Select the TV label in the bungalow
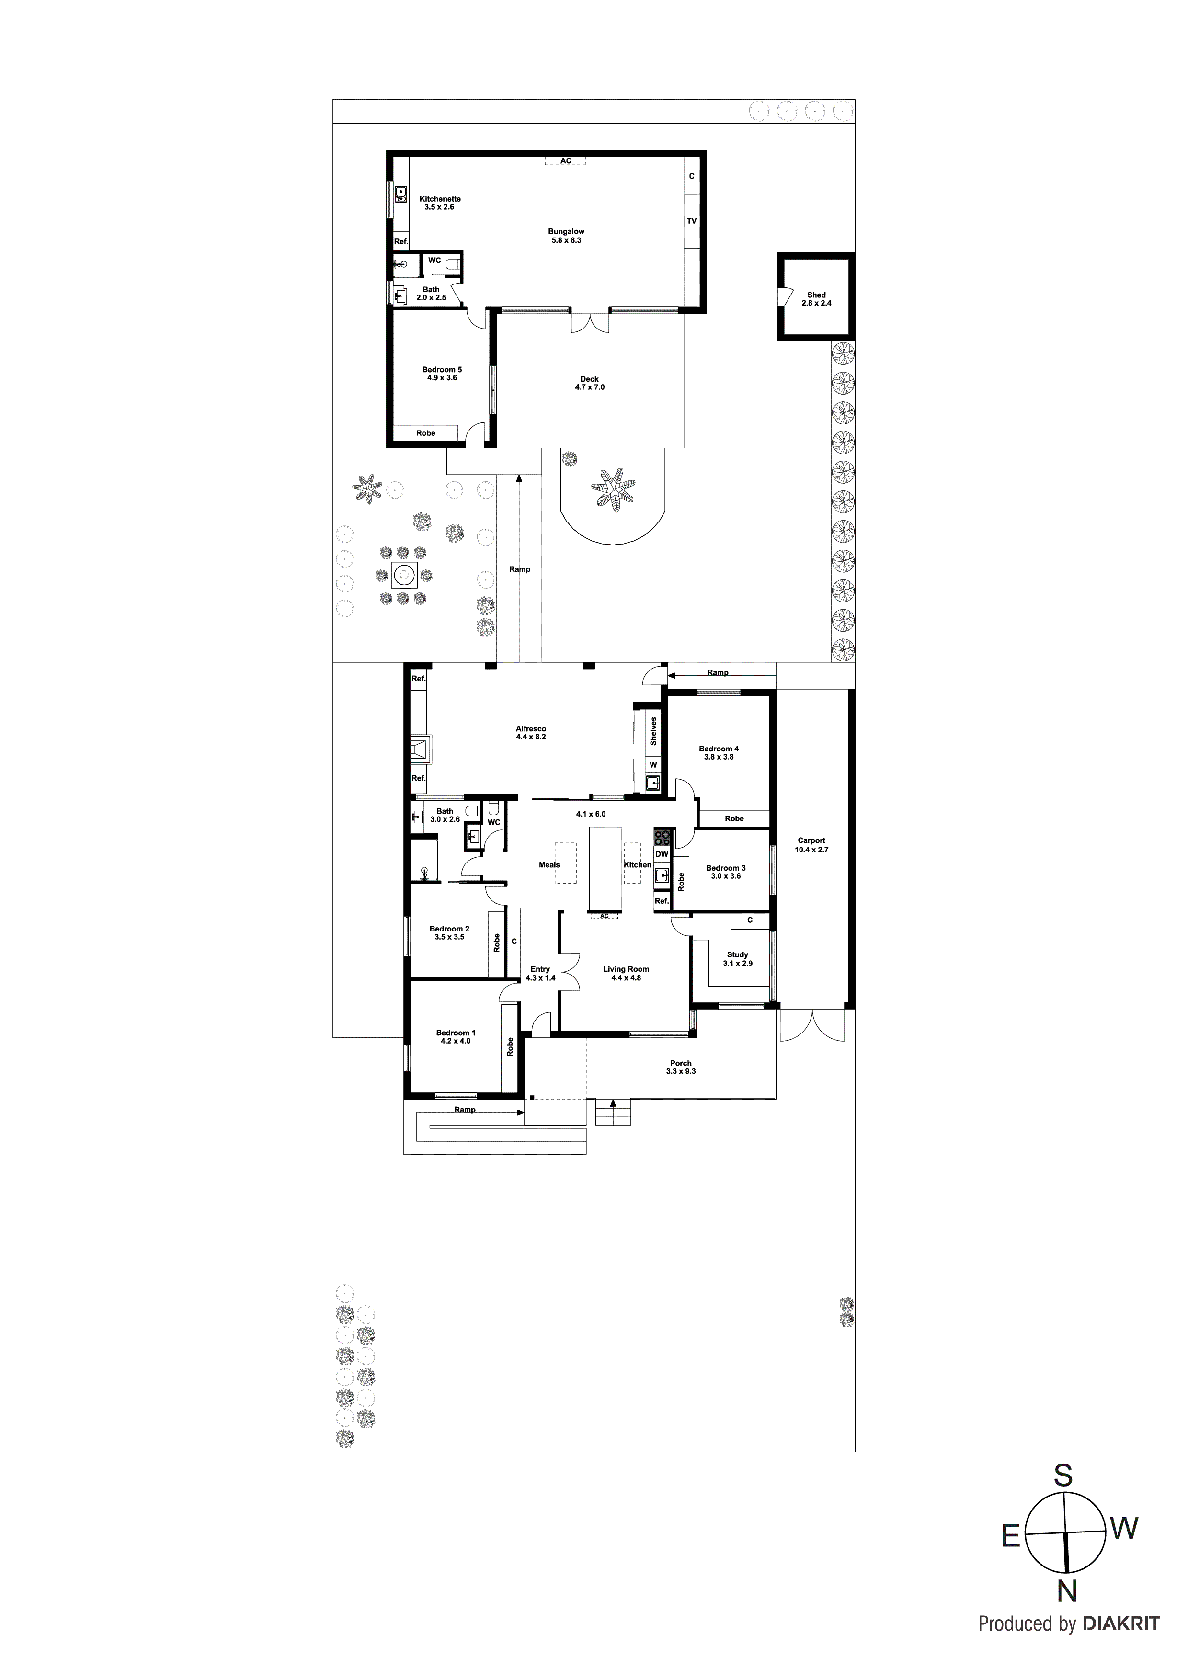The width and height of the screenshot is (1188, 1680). click(x=692, y=221)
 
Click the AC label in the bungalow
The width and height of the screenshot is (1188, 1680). click(x=565, y=161)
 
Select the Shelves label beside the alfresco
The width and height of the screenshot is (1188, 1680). click(x=653, y=730)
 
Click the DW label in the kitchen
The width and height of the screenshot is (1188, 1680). click(x=662, y=854)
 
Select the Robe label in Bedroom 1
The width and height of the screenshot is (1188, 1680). click(x=510, y=1046)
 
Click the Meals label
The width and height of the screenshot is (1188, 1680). click(x=549, y=865)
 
